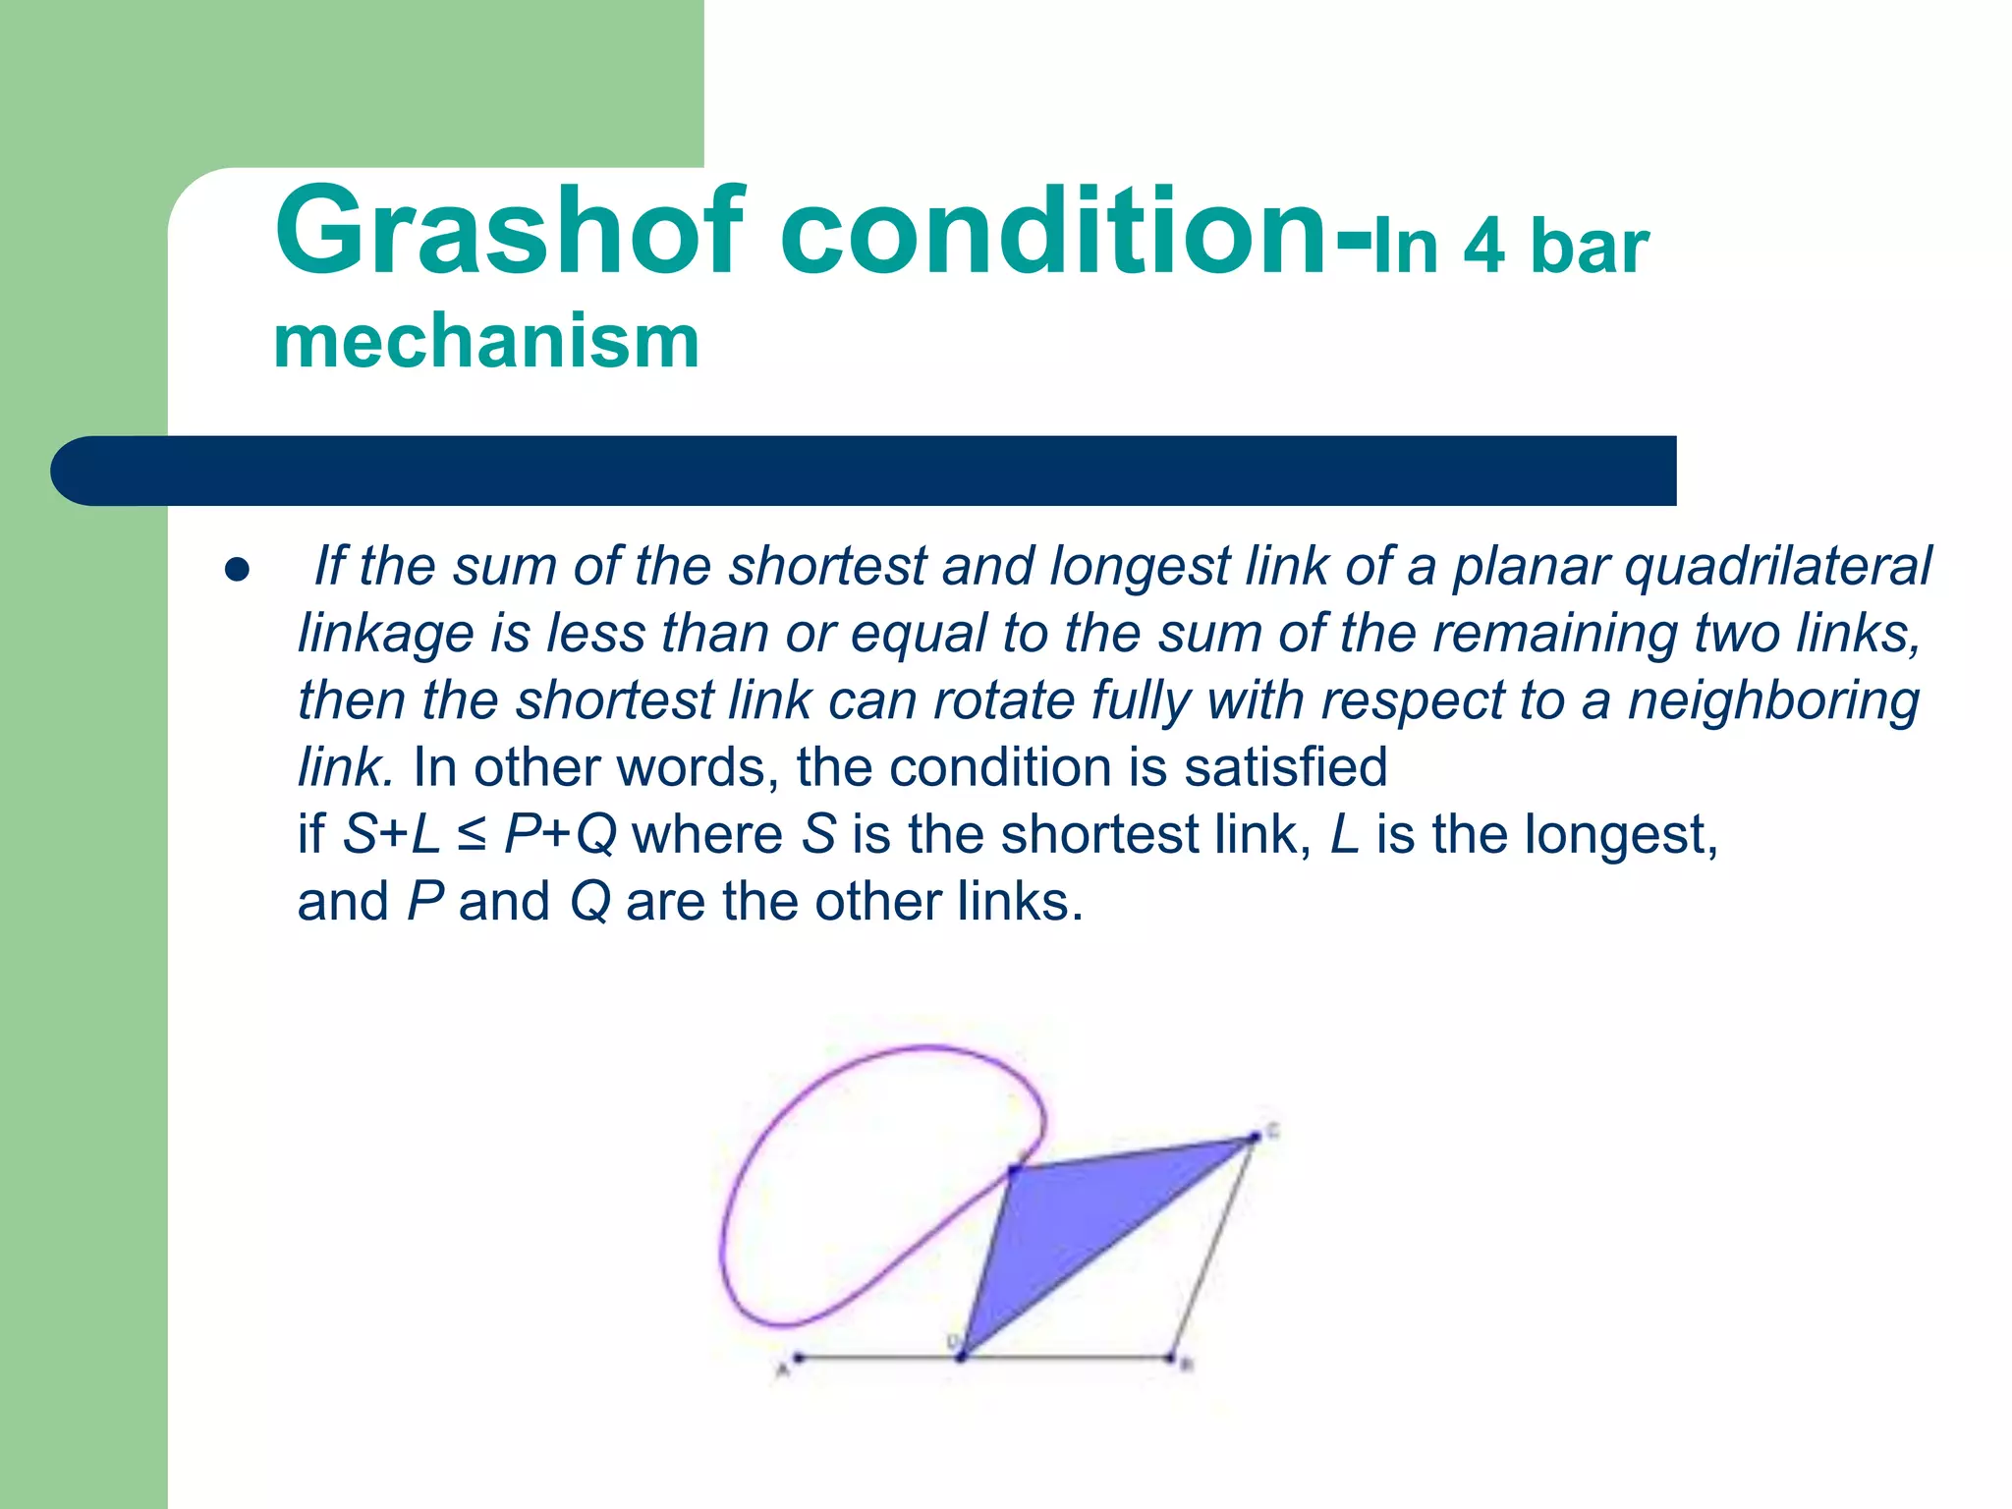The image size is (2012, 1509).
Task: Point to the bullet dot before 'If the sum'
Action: [237, 571]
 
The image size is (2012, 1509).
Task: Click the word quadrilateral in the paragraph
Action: [1778, 567]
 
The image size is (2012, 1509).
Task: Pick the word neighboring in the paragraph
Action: [1773, 701]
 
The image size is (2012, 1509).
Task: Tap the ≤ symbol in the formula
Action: [472, 835]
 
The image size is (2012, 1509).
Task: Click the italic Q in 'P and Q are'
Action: [589, 902]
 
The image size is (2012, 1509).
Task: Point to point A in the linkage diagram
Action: [799, 1359]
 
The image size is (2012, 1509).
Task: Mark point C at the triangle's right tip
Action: [1254, 1138]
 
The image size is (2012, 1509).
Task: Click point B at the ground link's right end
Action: [1170, 1359]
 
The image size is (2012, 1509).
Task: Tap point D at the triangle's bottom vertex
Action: [962, 1358]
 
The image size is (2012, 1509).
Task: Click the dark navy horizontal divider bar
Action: [865, 471]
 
